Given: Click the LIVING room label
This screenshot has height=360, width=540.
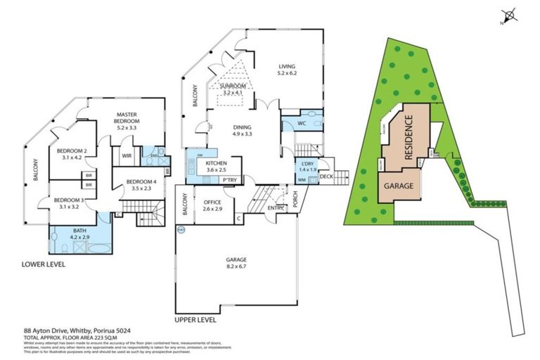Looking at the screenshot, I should [x=288, y=65].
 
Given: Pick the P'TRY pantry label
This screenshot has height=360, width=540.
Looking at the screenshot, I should [x=229, y=180].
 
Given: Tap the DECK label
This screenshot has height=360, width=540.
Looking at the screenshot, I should [x=326, y=176].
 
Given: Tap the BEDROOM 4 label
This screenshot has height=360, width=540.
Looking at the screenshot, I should [x=141, y=181].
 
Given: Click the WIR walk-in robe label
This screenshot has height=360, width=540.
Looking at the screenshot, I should [x=128, y=156].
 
